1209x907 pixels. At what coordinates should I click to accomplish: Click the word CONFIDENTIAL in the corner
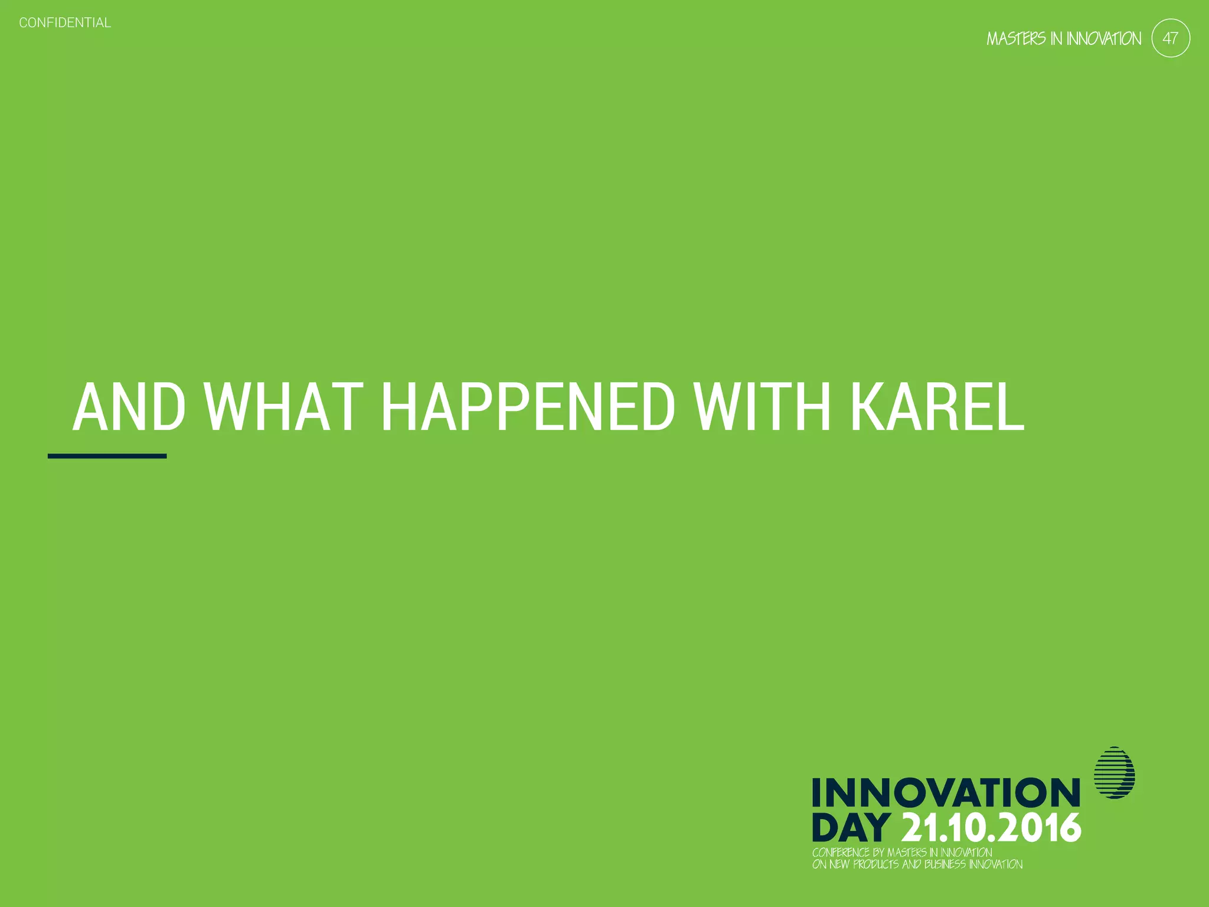click(65, 23)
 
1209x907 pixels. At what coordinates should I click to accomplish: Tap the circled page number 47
click(1171, 38)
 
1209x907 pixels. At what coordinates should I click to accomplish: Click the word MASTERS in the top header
click(1016, 39)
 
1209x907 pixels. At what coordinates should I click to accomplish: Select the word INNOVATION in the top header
click(1104, 39)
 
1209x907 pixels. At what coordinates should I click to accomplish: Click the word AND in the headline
click(129, 407)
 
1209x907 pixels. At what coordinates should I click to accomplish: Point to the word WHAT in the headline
click(284, 407)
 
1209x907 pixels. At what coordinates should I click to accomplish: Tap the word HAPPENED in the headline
click(528, 407)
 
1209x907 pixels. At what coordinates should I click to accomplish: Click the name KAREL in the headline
click(937, 407)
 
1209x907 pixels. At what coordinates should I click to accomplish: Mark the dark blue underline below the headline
click(107, 456)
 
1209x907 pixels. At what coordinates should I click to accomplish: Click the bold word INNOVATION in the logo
click(946, 792)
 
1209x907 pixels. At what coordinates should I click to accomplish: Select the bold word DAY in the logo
click(851, 827)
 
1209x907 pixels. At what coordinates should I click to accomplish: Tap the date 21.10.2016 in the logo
click(992, 827)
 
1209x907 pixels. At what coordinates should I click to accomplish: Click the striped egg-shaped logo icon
click(1115, 773)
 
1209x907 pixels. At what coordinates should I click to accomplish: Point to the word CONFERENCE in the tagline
click(841, 853)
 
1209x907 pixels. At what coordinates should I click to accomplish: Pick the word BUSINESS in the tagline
click(945, 864)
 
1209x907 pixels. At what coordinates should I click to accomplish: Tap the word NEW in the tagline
click(839, 864)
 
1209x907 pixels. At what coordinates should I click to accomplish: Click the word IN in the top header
click(1056, 39)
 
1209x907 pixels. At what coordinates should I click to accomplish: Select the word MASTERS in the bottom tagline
click(907, 853)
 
